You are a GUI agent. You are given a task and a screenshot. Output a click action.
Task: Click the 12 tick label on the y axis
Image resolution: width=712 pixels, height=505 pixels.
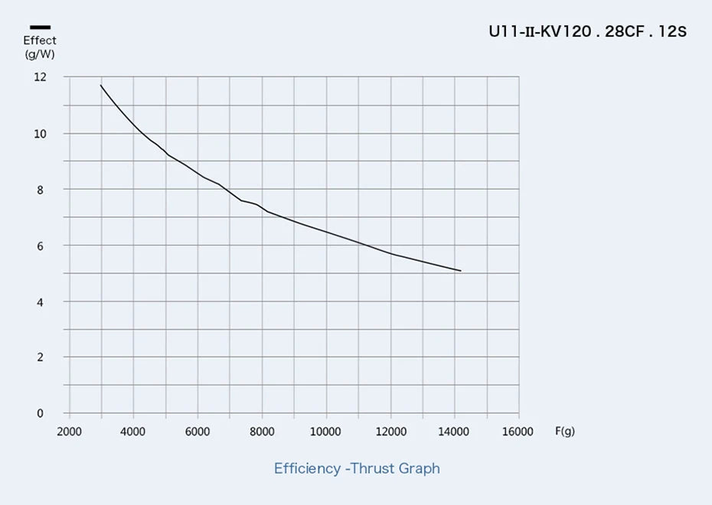40,77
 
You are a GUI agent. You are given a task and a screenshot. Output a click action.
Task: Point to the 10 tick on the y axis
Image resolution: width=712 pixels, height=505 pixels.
40,134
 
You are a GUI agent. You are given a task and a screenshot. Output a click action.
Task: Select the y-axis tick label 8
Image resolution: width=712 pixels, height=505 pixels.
42,190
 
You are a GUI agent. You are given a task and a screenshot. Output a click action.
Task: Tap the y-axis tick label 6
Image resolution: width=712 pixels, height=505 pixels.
42,246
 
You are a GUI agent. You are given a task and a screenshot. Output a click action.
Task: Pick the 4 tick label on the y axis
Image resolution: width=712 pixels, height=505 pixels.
42,302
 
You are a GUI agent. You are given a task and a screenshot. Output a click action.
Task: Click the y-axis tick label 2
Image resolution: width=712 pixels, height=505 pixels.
42,357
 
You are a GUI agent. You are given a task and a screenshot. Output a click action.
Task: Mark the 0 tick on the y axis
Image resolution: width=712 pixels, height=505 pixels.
42,414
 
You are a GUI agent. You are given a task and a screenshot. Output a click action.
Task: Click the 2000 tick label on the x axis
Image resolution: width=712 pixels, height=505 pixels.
69,432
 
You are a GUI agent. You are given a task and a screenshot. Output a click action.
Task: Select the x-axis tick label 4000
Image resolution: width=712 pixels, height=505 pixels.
133,432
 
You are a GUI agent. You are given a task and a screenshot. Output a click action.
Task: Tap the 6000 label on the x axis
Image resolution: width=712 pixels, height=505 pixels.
198,432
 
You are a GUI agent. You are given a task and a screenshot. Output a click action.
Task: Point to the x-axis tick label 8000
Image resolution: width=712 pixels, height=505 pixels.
262,432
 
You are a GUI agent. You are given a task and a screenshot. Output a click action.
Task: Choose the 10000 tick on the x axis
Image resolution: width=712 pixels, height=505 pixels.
325,432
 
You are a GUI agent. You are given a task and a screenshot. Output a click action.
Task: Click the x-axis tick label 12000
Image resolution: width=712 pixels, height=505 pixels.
390,432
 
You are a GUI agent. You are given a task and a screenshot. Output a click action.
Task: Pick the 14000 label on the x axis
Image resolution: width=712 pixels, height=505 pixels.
454,432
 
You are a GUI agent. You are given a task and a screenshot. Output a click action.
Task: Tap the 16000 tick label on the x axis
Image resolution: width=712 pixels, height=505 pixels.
518,432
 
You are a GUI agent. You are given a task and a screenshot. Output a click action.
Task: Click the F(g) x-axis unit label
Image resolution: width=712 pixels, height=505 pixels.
565,432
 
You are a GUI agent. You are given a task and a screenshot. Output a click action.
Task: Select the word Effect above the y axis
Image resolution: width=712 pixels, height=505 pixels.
40,41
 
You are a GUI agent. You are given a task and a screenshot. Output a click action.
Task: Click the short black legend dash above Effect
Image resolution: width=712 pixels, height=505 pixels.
40,28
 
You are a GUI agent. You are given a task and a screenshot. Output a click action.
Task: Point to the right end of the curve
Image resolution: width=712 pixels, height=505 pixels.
460,270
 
